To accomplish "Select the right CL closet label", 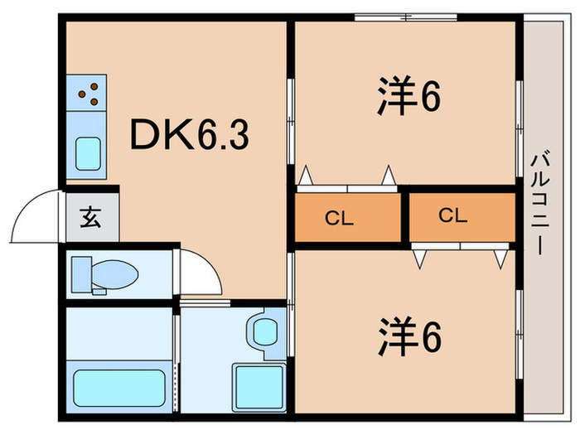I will coord(452,216).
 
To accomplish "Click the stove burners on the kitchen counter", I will coord(89,94).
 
